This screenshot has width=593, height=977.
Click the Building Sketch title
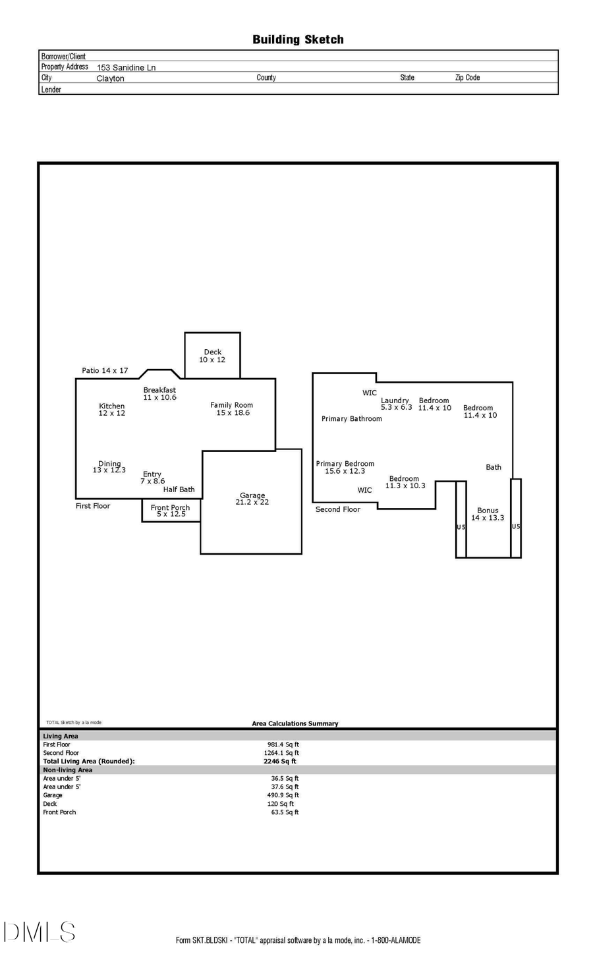298,40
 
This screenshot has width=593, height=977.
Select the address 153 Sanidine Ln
126,67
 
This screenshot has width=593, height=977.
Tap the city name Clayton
110,78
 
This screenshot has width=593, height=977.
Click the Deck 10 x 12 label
212,356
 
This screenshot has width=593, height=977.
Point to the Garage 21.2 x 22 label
252,499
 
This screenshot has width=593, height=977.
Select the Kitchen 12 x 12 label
111,410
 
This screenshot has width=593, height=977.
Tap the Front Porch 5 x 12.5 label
170,511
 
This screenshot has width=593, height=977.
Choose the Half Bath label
179,489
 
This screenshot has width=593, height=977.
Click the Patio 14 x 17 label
105,370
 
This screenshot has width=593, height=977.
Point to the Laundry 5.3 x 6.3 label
396,404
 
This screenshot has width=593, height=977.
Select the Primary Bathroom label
351,418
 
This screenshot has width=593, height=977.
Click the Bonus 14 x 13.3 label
488,514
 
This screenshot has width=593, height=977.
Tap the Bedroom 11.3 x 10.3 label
405,482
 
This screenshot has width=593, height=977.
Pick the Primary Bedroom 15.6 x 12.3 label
345,467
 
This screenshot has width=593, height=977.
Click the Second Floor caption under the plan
337,509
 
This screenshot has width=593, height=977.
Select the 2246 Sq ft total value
279,761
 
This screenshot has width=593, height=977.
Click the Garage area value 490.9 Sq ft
283,795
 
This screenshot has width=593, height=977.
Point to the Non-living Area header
67,769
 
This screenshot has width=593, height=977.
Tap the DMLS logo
39,932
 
